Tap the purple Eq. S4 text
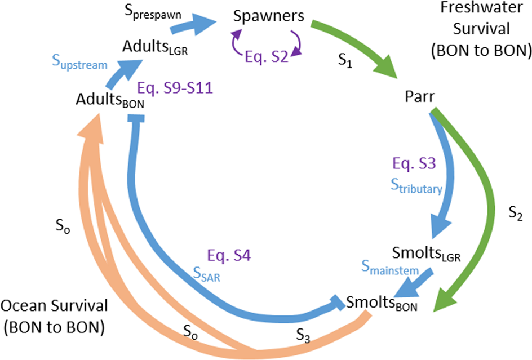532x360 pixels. click(229, 255)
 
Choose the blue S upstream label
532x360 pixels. click(81, 64)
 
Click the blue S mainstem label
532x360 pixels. click(389, 271)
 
